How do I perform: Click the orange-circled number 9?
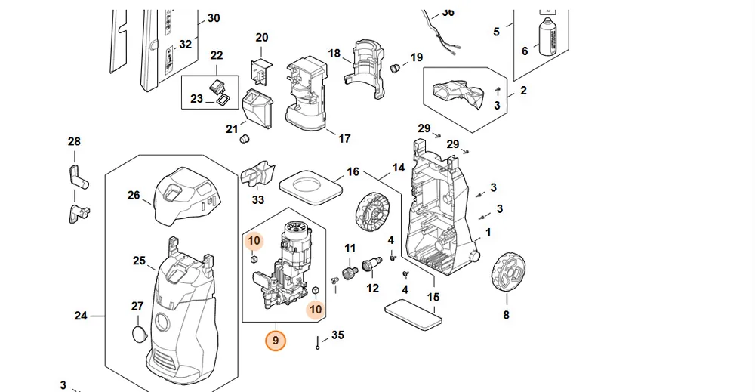pyautogui.click(x=276, y=341)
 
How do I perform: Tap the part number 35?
pyautogui.click(x=338, y=335)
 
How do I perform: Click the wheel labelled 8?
pyautogui.click(x=507, y=272)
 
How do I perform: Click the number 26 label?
pyautogui.click(x=134, y=195)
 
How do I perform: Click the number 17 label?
pyautogui.click(x=344, y=139)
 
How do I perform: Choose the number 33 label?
pyautogui.click(x=258, y=199)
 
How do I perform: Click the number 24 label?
pyautogui.click(x=81, y=316)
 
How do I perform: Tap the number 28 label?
pyautogui.click(x=74, y=141)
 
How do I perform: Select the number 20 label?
pyautogui.click(x=262, y=38)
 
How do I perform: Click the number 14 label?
pyautogui.click(x=398, y=168)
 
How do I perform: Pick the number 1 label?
pyautogui.click(x=488, y=233)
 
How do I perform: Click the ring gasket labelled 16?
pyautogui.click(x=311, y=187)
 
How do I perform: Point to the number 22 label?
pyautogui.click(x=217, y=55)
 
